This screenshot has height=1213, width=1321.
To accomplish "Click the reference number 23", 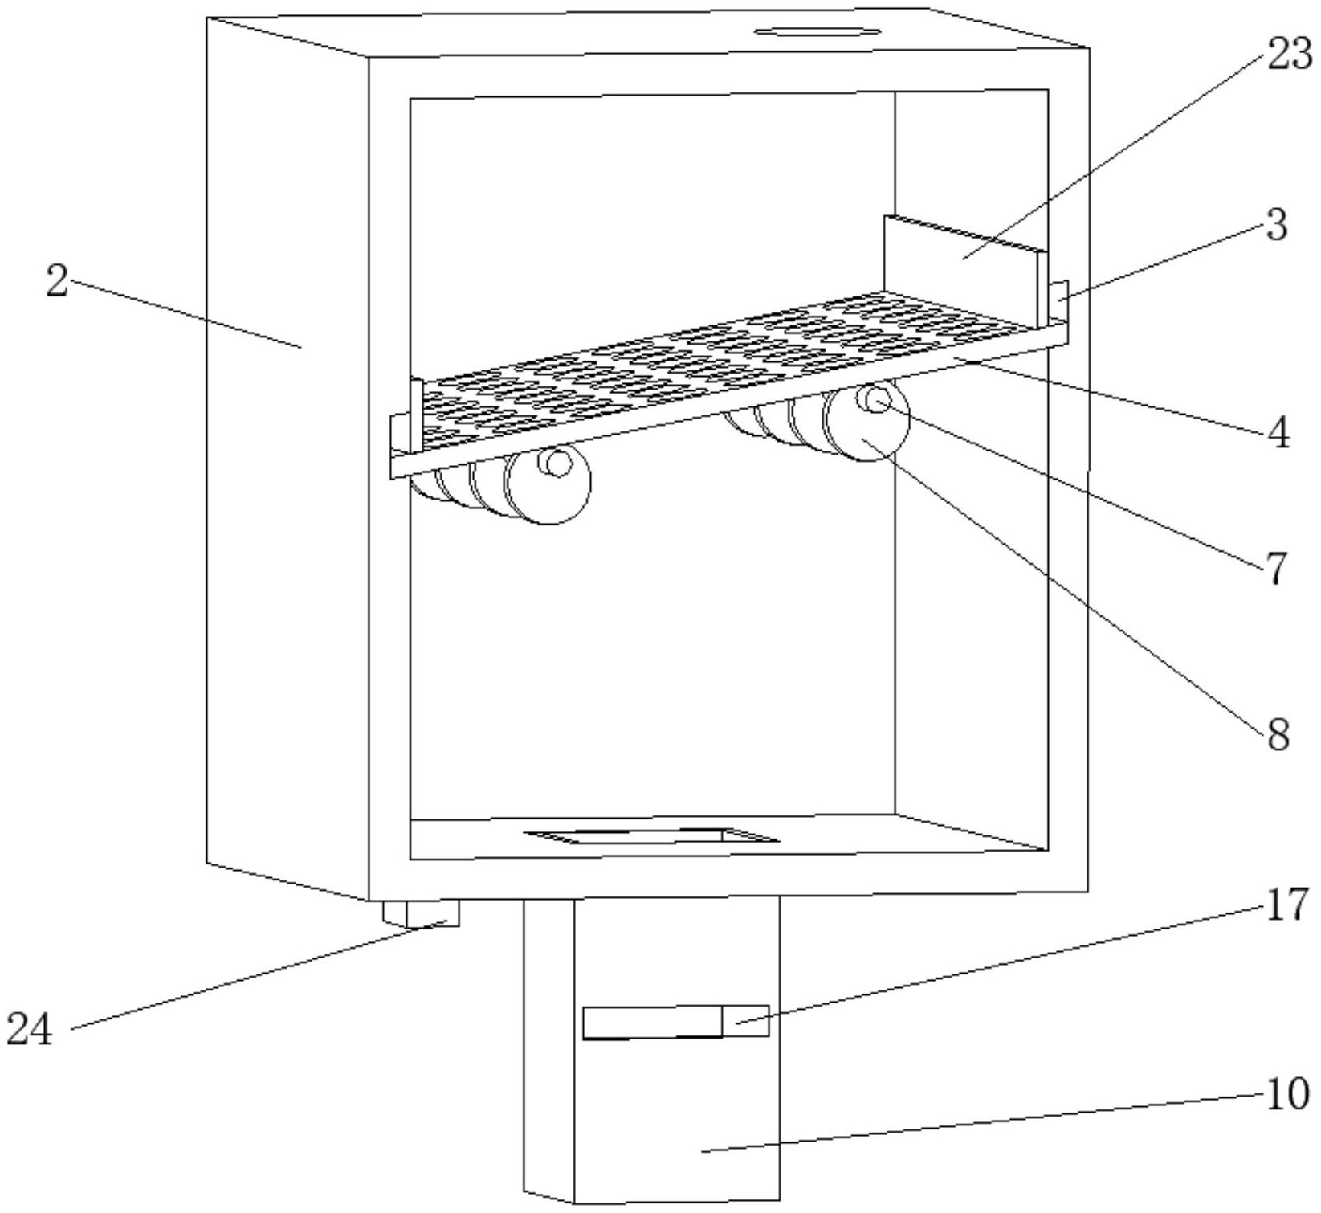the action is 1289,56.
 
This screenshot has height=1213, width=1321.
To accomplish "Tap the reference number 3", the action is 1277,226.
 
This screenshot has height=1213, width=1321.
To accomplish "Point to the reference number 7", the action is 1277,569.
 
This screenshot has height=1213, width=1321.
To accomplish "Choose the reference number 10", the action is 1287,1093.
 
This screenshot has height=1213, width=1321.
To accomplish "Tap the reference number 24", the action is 30,1029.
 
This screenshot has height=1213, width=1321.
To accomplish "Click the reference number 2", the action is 57,282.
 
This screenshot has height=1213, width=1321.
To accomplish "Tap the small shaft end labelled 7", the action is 878,399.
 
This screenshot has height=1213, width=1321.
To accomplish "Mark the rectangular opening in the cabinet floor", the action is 650,836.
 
